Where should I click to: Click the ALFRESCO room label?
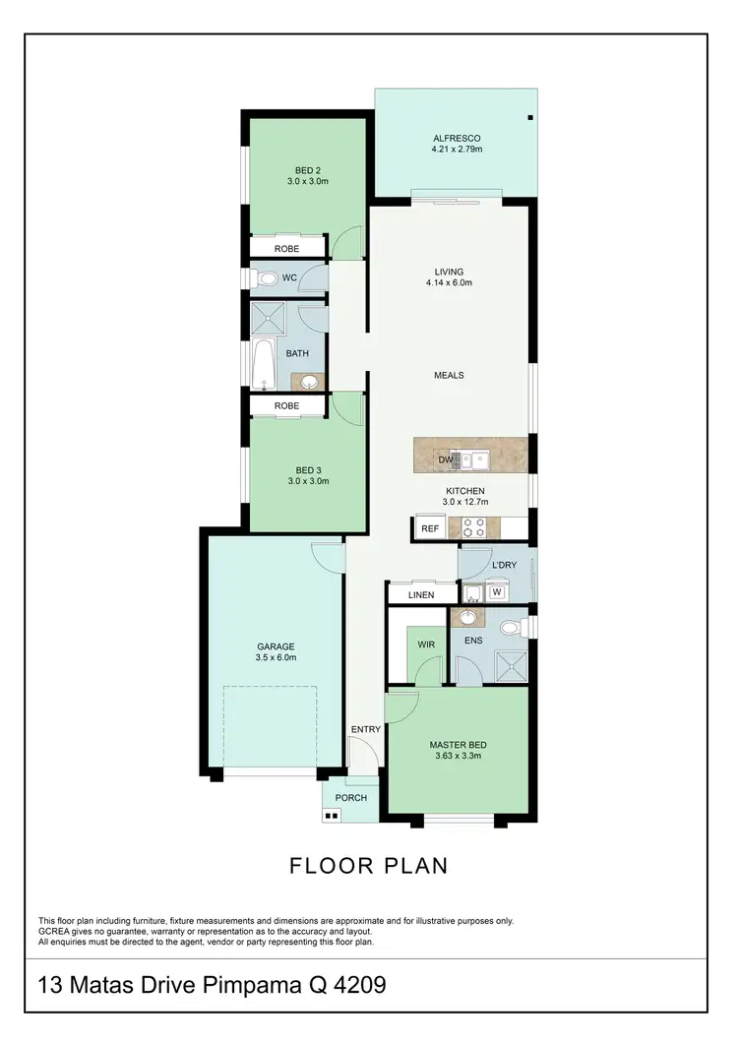click(x=456, y=138)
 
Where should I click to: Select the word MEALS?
click(x=449, y=375)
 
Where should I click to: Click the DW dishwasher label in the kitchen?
click(x=445, y=460)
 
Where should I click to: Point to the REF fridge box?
click(x=429, y=528)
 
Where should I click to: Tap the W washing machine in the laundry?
click(x=497, y=591)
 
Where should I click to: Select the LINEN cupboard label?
click(x=420, y=595)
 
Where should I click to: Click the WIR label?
click(x=427, y=644)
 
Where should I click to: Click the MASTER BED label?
click(x=458, y=745)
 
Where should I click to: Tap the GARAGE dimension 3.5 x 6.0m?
click(x=277, y=657)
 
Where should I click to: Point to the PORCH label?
click(x=350, y=798)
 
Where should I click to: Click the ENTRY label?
click(x=365, y=729)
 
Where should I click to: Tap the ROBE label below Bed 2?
click(x=286, y=249)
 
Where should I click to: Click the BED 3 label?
click(x=307, y=469)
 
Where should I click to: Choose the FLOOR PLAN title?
click(x=369, y=866)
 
